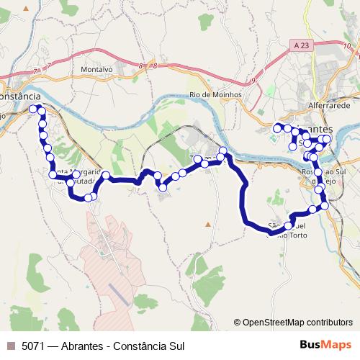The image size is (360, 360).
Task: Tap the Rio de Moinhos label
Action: [215, 94]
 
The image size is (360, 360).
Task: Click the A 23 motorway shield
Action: [303, 45]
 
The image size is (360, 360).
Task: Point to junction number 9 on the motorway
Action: [253, 81]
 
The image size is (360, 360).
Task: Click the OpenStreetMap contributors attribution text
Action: [297, 322]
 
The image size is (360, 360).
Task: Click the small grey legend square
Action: [11, 346]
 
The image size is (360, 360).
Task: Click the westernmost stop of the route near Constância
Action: [32, 109]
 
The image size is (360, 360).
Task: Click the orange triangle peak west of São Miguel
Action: [208, 225]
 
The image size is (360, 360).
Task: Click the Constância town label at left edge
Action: [19, 96]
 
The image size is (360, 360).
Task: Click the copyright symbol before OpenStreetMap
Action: [237, 322]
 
